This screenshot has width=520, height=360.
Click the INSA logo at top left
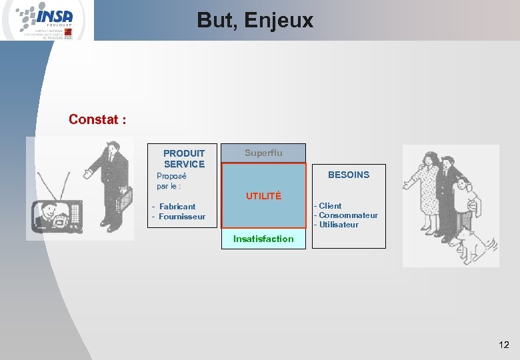[x=47, y=20]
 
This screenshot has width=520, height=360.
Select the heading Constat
[x=97, y=120]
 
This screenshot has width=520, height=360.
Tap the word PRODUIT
[x=184, y=153]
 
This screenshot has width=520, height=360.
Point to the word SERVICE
[x=184, y=164]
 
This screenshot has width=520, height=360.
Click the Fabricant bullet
[x=177, y=207]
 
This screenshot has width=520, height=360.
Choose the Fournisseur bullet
[x=182, y=217]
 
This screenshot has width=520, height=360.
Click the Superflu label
[x=263, y=153]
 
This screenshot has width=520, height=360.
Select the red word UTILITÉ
[x=263, y=196]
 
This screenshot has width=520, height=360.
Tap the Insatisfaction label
[x=263, y=239]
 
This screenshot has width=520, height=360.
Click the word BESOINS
[x=348, y=175]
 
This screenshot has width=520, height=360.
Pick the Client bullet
[x=330, y=206]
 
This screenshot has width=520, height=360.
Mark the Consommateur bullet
[x=348, y=215]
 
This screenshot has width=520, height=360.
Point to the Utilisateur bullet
[x=338, y=225]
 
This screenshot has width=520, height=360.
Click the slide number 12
[x=503, y=345]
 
